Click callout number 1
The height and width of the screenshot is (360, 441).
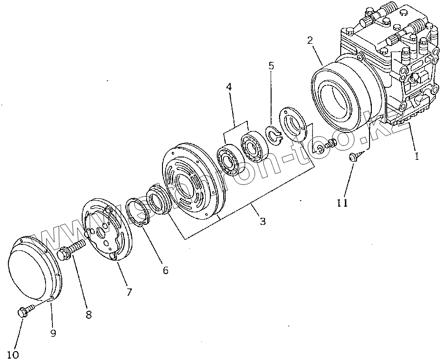416,157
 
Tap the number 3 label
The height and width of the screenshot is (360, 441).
263,222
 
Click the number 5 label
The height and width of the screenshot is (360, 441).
272,65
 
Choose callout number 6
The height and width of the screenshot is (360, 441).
165,270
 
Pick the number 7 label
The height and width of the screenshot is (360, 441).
129,292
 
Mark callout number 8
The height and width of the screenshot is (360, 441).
88,314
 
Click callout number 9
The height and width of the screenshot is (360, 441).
53,333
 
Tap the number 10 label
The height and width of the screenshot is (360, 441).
13,355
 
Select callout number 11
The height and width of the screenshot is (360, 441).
343,203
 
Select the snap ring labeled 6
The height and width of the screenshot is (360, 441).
137,211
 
